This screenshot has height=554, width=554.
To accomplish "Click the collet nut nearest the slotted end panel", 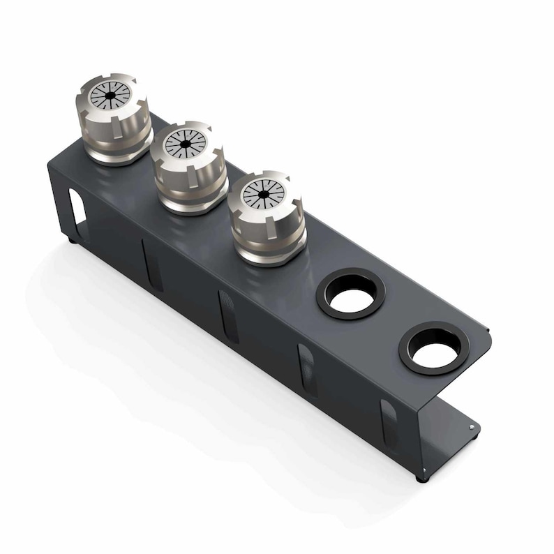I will pyautogui.click(x=114, y=122).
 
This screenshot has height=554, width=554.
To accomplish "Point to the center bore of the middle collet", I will pyautogui.click(x=186, y=144).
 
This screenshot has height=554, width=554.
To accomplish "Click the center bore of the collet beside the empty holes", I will pyautogui.click(x=264, y=193).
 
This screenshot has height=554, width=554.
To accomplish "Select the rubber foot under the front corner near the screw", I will pyautogui.click(x=421, y=479).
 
